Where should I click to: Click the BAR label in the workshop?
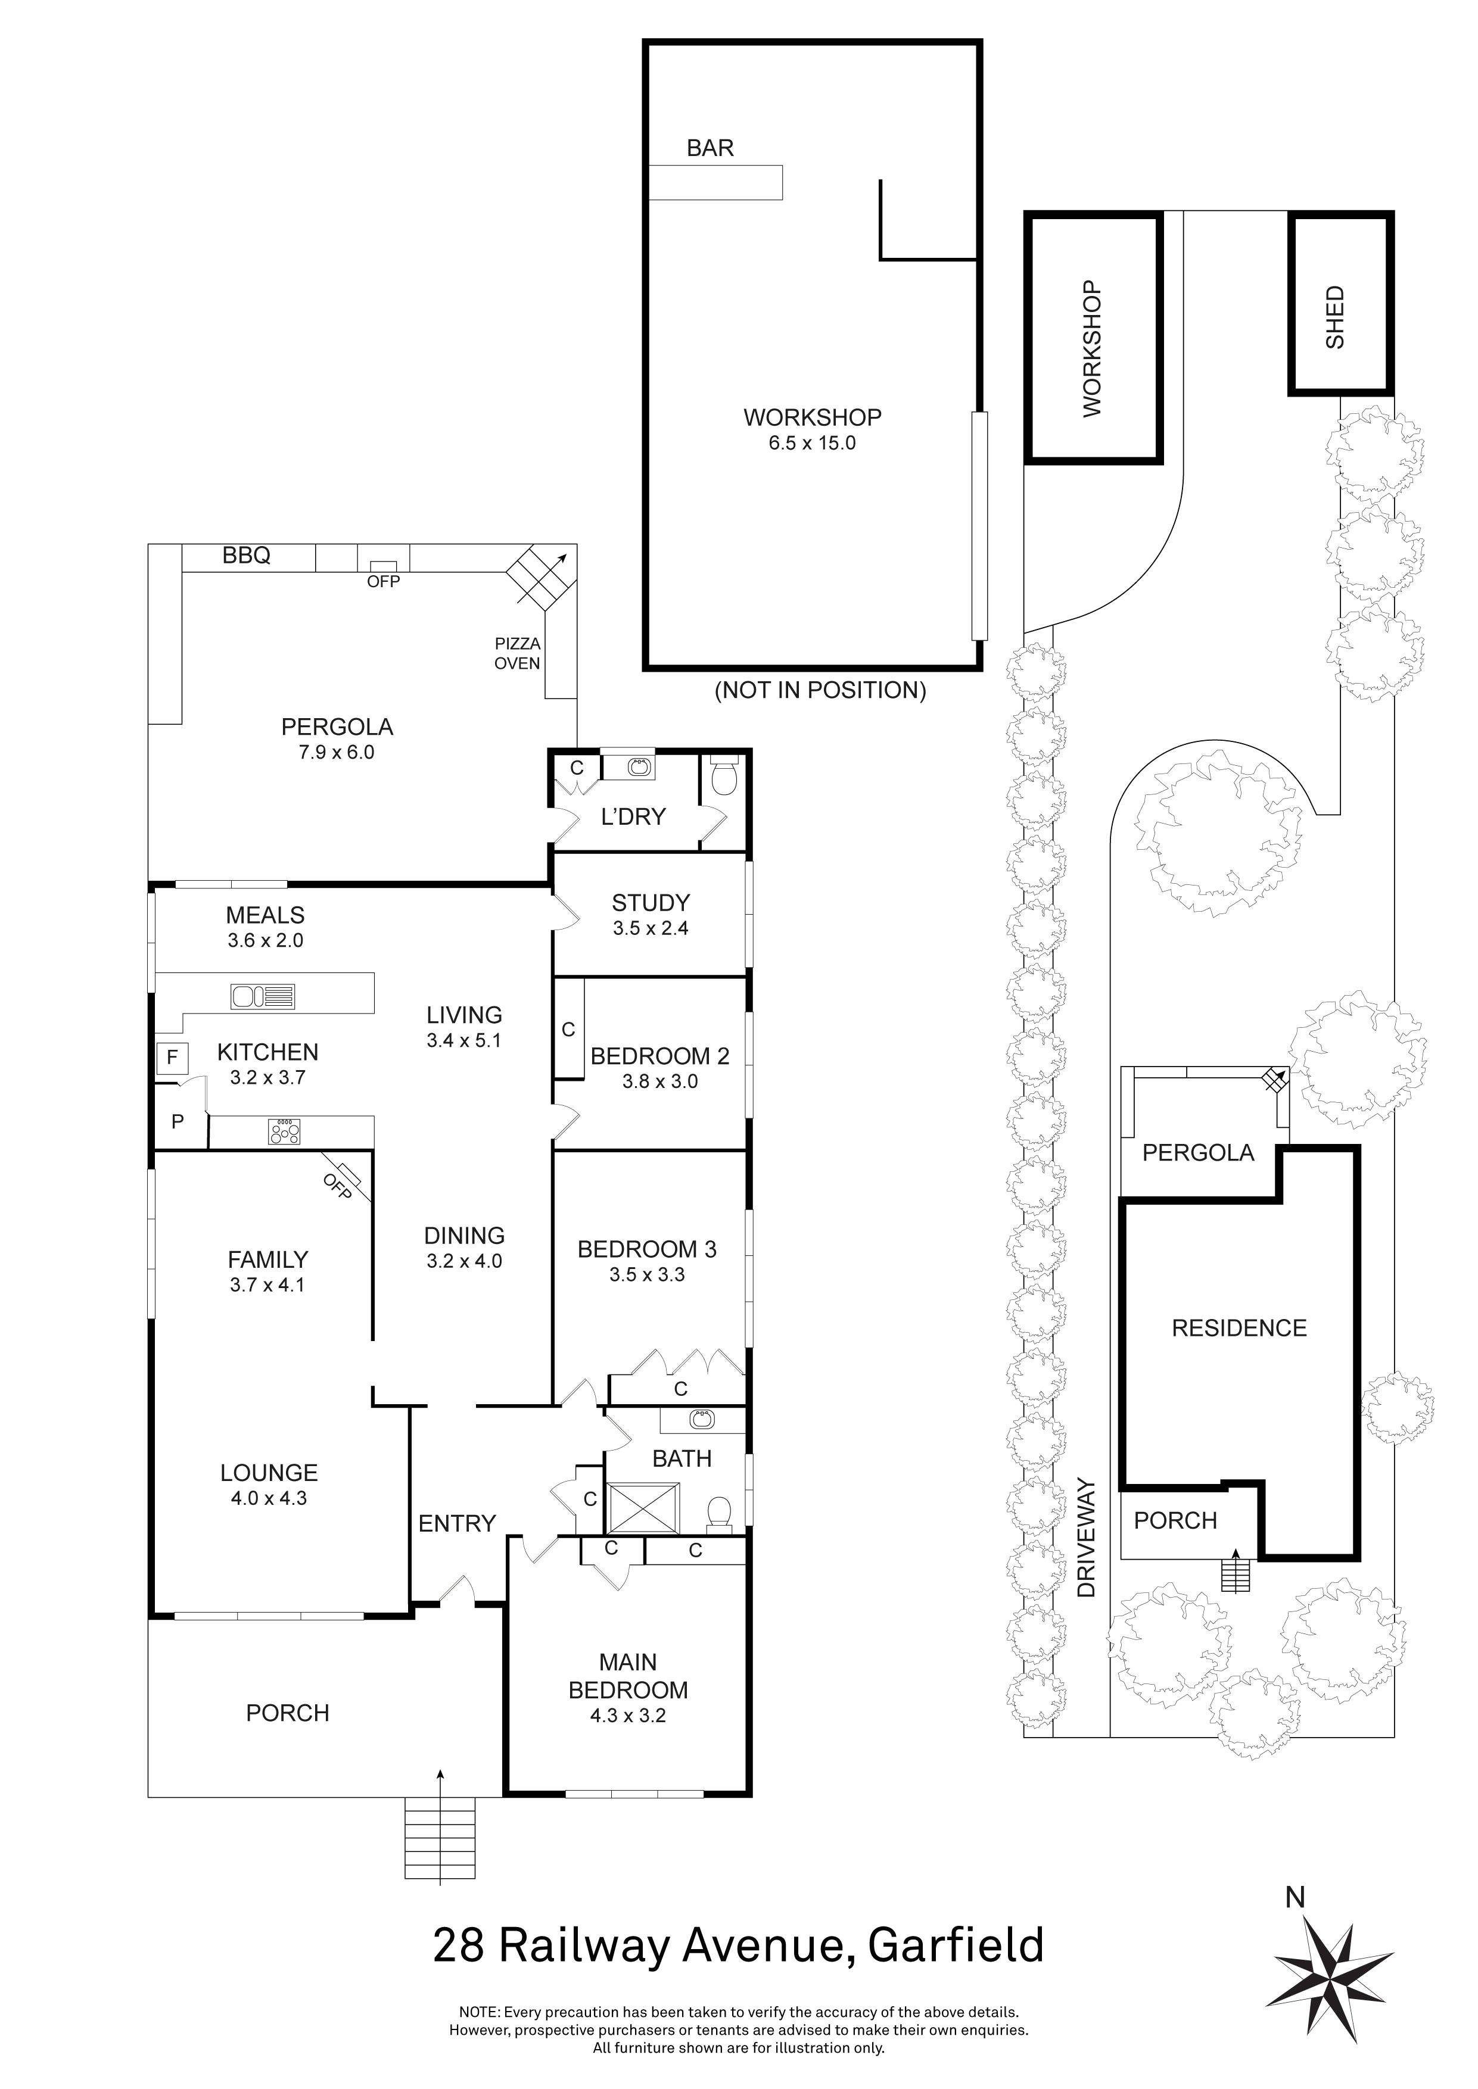pos(710,148)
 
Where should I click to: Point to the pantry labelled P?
pos(178,1121)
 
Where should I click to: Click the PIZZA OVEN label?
pos(517,653)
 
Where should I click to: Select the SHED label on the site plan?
pos(1334,317)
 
